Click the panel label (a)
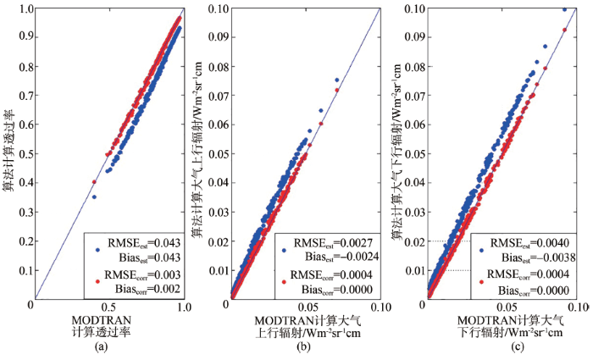coord(108,346)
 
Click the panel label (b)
coord(303,346)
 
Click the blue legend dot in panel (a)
coord(97,251)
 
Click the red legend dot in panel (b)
coord(284,280)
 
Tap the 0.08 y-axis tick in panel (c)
coord(413,67)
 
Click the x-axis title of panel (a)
coord(108,325)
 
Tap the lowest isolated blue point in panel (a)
coord(94,197)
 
